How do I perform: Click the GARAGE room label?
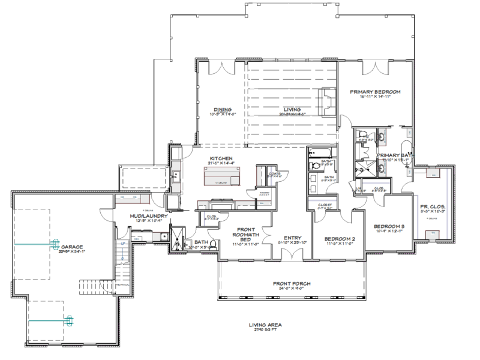[71, 246]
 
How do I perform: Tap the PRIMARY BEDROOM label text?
[376, 92]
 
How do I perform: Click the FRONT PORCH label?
[292, 283]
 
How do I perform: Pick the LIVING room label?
[292, 109]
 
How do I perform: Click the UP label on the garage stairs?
[122, 244]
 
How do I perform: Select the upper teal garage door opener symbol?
[55, 244]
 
